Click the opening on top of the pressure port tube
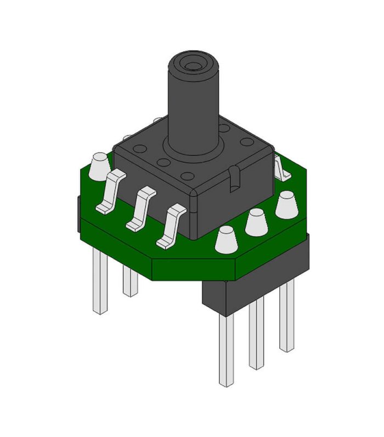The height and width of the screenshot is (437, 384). (x=193, y=66)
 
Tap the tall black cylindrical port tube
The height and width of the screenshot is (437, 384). (x=193, y=104)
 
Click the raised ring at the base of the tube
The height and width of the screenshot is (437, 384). (x=194, y=149)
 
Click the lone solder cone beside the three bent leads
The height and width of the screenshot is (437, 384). (x=99, y=166)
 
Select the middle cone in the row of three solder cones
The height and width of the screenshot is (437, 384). (x=256, y=222)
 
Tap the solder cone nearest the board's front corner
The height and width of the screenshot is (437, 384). (x=226, y=240)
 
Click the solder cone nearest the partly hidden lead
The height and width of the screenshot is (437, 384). (x=286, y=204)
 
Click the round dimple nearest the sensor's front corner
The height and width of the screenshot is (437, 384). (x=188, y=176)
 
